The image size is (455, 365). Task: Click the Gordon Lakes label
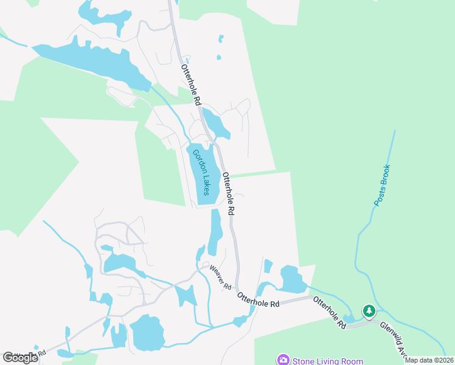click(201, 172)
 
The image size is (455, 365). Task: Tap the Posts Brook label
click(381, 185)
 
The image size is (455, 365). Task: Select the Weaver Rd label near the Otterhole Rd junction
click(220, 277)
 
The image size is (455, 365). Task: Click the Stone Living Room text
click(328, 361)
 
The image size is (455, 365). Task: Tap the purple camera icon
click(283, 360)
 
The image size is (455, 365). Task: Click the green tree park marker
click(369, 311)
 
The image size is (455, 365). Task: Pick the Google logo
click(19, 358)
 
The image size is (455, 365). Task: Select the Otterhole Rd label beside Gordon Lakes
click(228, 193)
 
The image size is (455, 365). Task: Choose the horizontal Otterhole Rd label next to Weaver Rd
click(258, 299)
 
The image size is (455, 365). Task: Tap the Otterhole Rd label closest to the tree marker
click(330, 313)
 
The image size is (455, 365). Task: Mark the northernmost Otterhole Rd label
click(190, 86)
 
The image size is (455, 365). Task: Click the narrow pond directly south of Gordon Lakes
click(215, 232)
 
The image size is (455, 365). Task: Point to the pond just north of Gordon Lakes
click(217, 124)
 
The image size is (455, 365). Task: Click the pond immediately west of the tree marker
click(349, 318)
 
